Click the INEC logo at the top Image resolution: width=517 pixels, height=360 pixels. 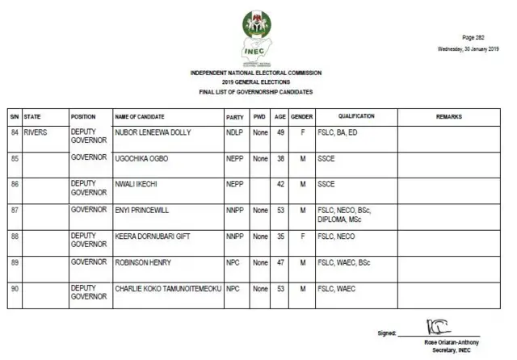(x=257, y=36)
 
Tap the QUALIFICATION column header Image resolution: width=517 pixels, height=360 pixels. (x=356, y=117)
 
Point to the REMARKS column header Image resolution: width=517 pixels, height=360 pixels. (x=448, y=117)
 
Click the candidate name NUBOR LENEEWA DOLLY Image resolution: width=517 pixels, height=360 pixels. (x=153, y=132)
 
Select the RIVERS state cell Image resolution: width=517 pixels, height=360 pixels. (x=37, y=132)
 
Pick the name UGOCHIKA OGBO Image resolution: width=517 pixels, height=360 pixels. (x=142, y=158)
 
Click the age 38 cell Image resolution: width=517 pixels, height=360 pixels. (x=280, y=158)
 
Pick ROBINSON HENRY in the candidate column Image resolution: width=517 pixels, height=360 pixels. (x=143, y=262)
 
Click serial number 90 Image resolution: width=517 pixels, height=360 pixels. (x=15, y=288)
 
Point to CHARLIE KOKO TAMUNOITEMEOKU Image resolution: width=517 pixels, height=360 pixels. (x=168, y=288)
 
